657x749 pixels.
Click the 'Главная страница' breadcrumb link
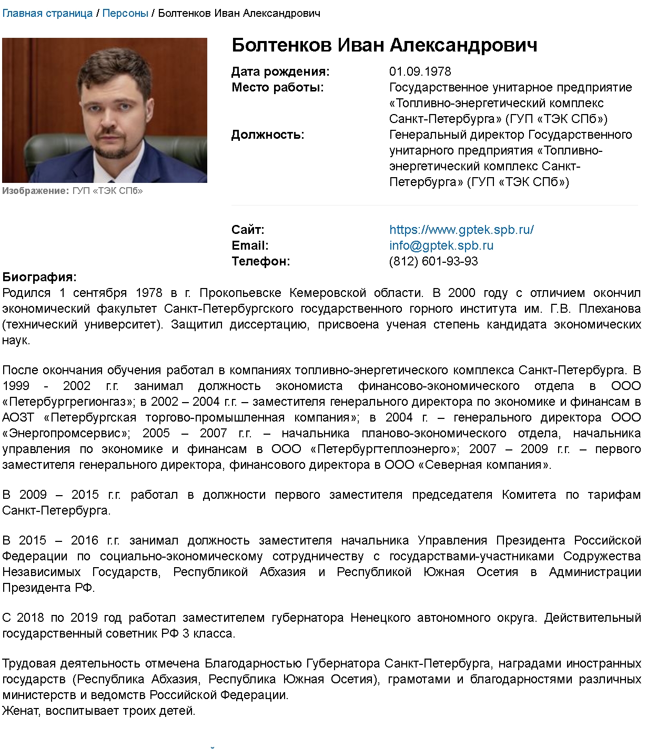[47, 13]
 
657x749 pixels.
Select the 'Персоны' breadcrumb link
[125, 13]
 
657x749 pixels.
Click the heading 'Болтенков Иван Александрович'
[385, 45]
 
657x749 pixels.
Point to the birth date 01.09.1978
[420, 71]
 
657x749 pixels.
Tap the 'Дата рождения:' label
[280, 71]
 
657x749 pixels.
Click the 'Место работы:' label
[277, 87]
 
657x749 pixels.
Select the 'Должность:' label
[268, 135]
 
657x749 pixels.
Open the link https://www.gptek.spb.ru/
[461, 230]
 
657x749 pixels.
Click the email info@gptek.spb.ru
[441, 245]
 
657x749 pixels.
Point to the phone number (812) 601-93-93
[433, 261]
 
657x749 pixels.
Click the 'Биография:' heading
[39, 277]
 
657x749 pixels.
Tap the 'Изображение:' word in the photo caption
[35, 191]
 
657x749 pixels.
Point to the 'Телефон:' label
[260, 261]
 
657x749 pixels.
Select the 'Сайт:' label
[248, 230]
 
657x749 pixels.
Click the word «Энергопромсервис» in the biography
[65, 434]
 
